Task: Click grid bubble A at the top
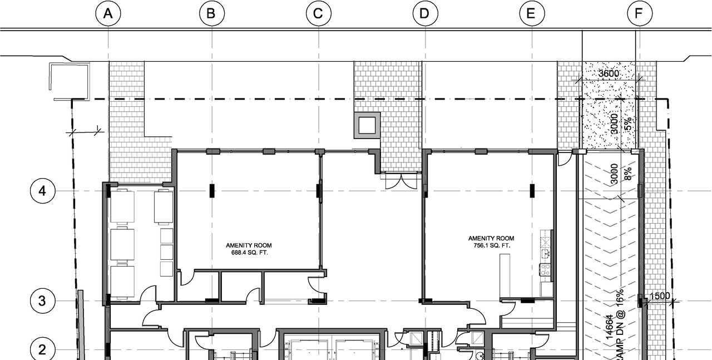click(108, 14)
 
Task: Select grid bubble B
click(211, 14)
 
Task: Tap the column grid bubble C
click(318, 14)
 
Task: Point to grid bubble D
click(425, 14)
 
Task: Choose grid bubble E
click(531, 14)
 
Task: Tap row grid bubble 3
click(42, 301)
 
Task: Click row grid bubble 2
click(42, 350)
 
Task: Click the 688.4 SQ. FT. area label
click(249, 253)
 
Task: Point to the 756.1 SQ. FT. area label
click(491, 245)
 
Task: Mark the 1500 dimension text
click(660, 296)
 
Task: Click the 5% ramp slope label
click(627, 123)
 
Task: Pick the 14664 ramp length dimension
click(610, 328)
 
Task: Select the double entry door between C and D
click(402, 181)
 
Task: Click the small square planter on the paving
click(367, 125)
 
